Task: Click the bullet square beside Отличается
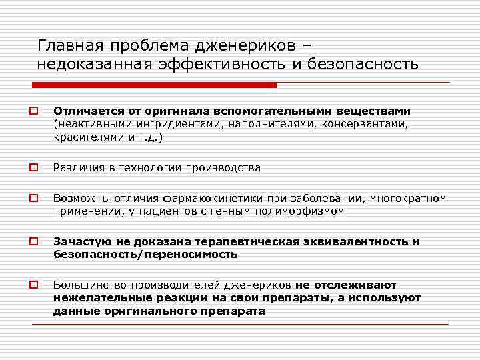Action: pos(31,111)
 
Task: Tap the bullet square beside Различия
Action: pos(31,168)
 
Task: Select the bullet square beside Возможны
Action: pos(31,199)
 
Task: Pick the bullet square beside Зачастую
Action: pos(31,242)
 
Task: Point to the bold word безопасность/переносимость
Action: pos(145,255)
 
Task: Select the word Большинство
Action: pos(90,285)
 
